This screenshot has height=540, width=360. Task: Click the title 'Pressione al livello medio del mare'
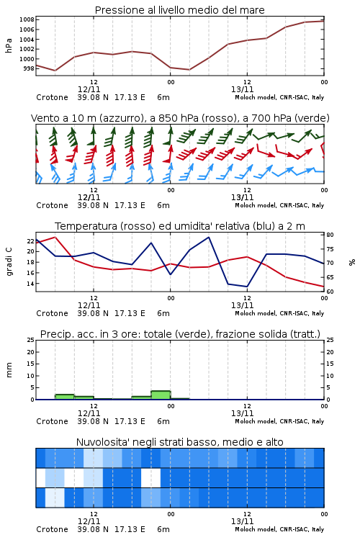[179, 10]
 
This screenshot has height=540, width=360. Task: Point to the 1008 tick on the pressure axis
[27, 19]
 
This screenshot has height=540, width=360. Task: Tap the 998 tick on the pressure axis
[29, 68]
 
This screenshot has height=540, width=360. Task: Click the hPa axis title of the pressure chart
[9, 45]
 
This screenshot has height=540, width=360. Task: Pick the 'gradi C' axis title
[9, 261]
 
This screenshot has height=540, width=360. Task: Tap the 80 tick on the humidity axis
[330, 235]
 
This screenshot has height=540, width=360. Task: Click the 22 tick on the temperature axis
[31, 241]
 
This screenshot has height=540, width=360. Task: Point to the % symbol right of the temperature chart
[352, 262]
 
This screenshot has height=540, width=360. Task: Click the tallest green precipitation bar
[161, 395]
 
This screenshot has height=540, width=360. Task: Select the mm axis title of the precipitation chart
[9, 370]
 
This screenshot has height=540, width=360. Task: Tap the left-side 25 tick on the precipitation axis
[31, 340]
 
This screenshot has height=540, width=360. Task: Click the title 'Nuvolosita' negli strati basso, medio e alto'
[179, 442]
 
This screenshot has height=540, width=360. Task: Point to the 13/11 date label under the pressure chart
[242, 89]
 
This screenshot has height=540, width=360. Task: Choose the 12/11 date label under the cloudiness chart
[89, 521]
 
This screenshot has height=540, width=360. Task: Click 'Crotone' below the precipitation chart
[52, 421]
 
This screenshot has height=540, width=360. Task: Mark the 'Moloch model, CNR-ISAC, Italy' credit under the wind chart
[279, 205]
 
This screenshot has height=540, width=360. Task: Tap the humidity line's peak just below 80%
[208, 238]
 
